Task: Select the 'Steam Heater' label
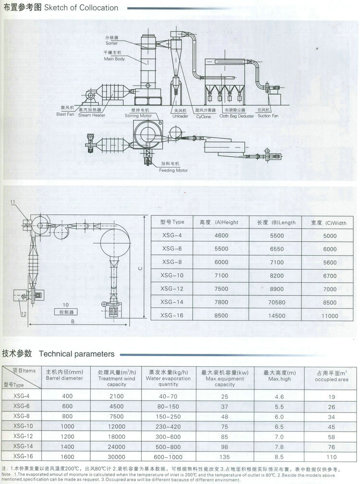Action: tap(92, 115)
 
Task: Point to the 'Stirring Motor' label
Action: tap(138, 116)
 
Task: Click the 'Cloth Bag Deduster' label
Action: tap(237, 116)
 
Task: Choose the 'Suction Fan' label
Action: tap(268, 116)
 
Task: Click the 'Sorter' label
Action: tap(111, 44)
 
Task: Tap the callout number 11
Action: tap(13, 203)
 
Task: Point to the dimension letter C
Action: tap(140, 269)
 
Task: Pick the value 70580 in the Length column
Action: tap(277, 302)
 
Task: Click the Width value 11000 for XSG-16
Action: tap(330, 316)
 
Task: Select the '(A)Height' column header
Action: tap(219, 222)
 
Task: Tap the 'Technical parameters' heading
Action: tap(77, 354)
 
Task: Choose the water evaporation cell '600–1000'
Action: tap(168, 457)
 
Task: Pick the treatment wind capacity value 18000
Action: tap(117, 436)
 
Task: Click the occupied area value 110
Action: tap(332, 457)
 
